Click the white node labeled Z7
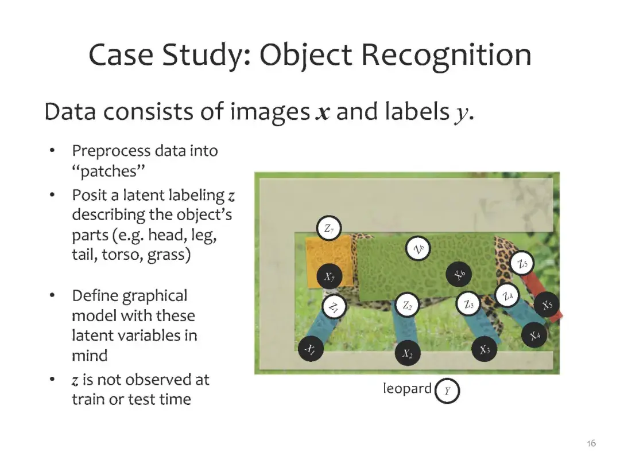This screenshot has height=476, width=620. pos(329,229)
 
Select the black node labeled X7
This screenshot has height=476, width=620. pos(329,277)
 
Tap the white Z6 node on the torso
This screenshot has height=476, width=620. pos(420,248)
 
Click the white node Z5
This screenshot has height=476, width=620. pos(522,264)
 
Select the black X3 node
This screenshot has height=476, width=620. pos(485,349)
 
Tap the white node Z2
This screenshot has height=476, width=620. pos(408,306)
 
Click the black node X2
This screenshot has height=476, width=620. pos(408,353)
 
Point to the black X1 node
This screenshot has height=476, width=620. pos(311,348)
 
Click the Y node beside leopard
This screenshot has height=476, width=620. pos(448,392)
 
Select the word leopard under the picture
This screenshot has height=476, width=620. pos(407,388)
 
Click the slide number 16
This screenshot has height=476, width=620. pos(591,443)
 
